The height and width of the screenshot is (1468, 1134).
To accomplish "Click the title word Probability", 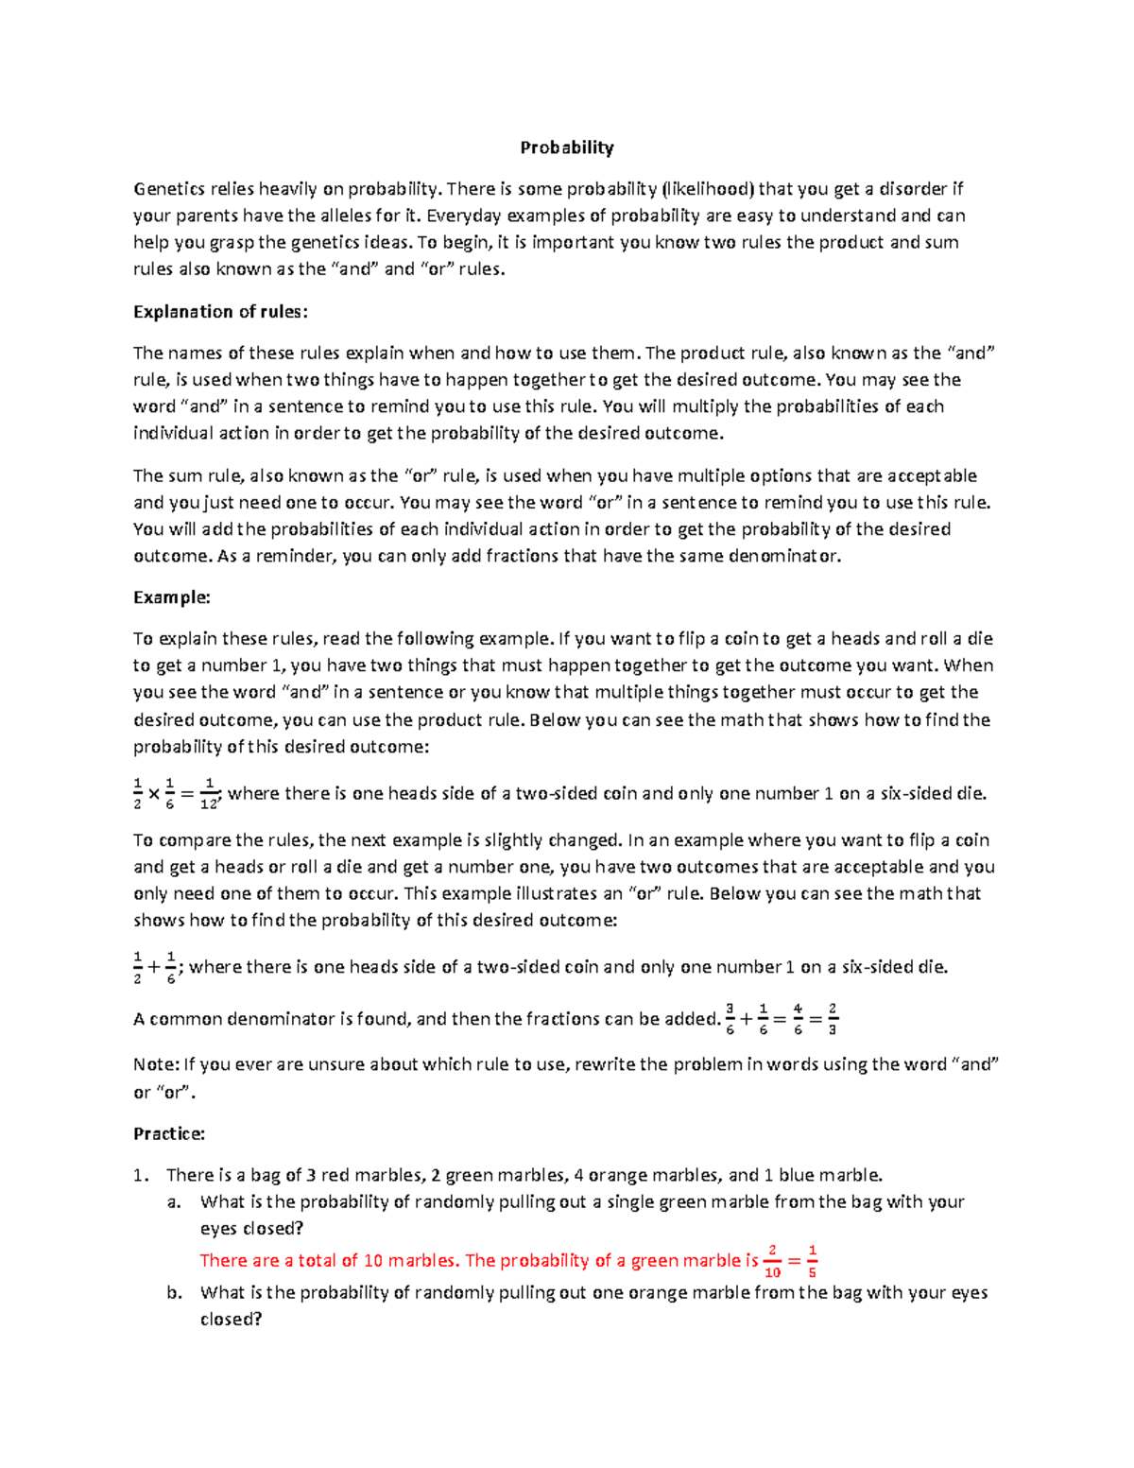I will click(x=567, y=147).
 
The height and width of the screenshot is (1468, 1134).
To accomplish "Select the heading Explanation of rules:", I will click(x=220, y=312).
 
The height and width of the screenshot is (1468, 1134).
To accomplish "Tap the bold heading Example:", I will click(x=171, y=597).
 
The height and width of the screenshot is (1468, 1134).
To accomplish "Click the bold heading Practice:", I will click(x=169, y=1133).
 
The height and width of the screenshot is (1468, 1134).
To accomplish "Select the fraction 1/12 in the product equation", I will click(x=209, y=794).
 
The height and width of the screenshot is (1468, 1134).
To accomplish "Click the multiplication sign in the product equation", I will click(x=153, y=795).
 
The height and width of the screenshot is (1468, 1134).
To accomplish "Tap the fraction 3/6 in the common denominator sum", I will click(x=730, y=1019).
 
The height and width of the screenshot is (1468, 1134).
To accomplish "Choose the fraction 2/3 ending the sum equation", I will click(x=832, y=1019).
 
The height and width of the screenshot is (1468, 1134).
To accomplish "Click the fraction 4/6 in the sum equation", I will click(x=798, y=1019).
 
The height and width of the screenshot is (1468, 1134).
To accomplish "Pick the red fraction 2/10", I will click(x=772, y=1261).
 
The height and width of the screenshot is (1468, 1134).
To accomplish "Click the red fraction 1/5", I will click(x=813, y=1261).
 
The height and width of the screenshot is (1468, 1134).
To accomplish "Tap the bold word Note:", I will click(x=156, y=1064).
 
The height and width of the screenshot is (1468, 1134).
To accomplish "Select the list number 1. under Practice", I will click(x=141, y=1176).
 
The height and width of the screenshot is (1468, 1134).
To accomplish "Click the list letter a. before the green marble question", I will click(x=174, y=1202).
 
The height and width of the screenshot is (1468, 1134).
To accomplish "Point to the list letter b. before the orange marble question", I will click(x=174, y=1292).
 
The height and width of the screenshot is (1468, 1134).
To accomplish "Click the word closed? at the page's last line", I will click(x=231, y=1319).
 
